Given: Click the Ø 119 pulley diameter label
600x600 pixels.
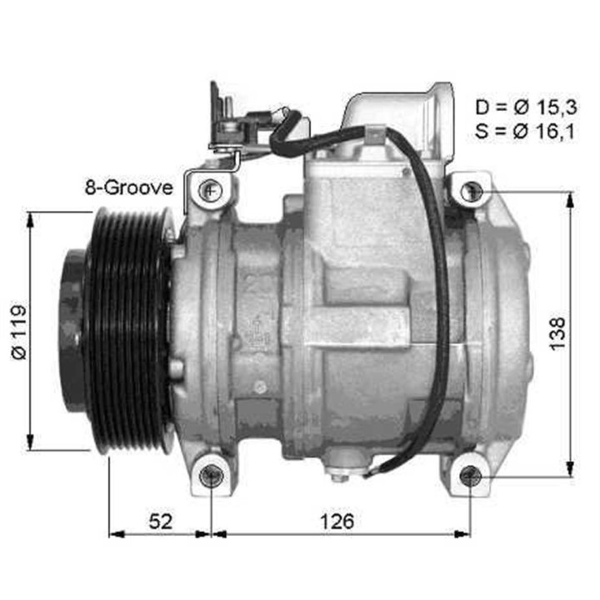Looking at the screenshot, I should click(x=19, y=331).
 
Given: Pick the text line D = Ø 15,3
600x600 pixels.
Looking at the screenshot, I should click(x=523, y=107).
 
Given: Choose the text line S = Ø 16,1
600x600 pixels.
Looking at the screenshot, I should click(x=523, y=131).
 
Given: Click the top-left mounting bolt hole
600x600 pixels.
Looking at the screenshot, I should click(x=211, y=190).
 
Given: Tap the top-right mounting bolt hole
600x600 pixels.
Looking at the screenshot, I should click(x=471, y=191).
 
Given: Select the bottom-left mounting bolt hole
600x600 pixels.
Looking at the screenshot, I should click(x=212, y=476).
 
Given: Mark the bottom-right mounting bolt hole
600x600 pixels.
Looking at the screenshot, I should click(x=471, y=476).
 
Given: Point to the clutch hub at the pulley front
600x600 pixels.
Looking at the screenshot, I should click(x=73, y=331).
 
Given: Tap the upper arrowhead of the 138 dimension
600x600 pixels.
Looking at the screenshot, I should click(x=570, y=198).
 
